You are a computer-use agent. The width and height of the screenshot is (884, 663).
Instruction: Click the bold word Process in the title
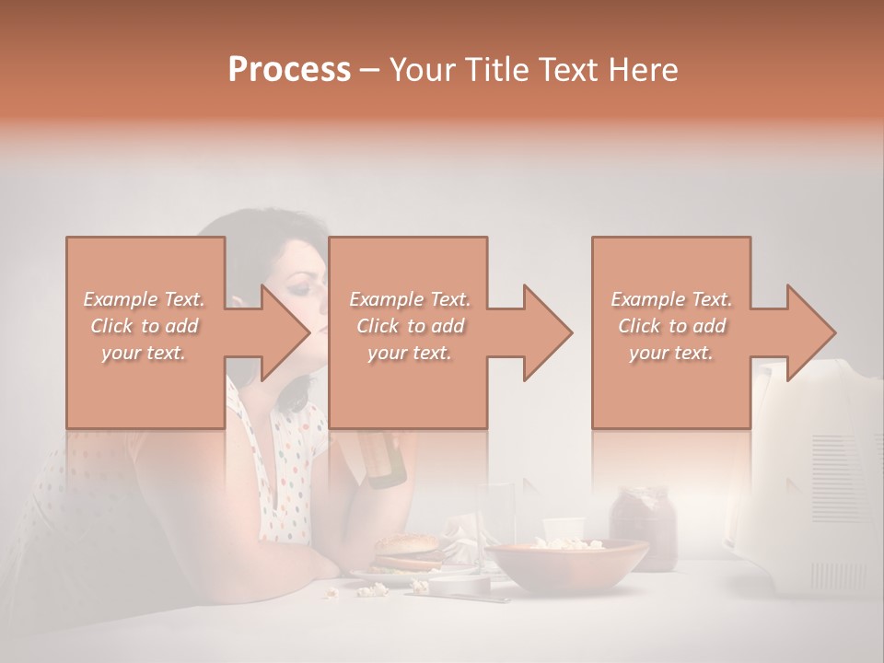coord(289,70)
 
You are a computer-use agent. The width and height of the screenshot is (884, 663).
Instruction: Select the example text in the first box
coord(145,326)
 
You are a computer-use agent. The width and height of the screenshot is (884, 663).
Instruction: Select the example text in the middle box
coord(410,326)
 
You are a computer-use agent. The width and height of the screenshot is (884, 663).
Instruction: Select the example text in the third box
coord(671,326)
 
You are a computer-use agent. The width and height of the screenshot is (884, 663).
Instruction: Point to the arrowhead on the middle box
coord(546,332)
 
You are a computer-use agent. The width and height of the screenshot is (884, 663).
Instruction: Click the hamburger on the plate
coord(405,553)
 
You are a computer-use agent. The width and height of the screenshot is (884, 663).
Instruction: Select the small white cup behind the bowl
coord(563,529)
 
